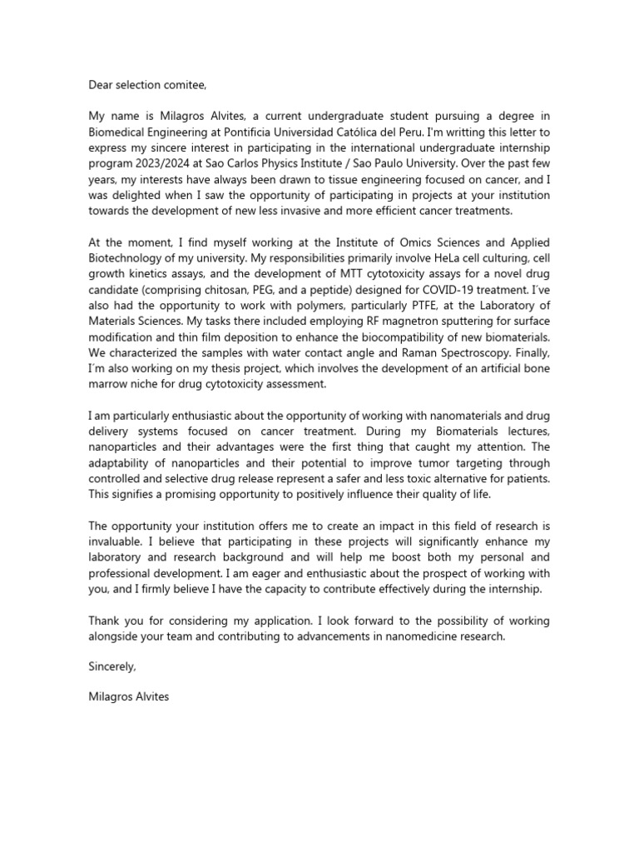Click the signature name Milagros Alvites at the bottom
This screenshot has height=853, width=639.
128,696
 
